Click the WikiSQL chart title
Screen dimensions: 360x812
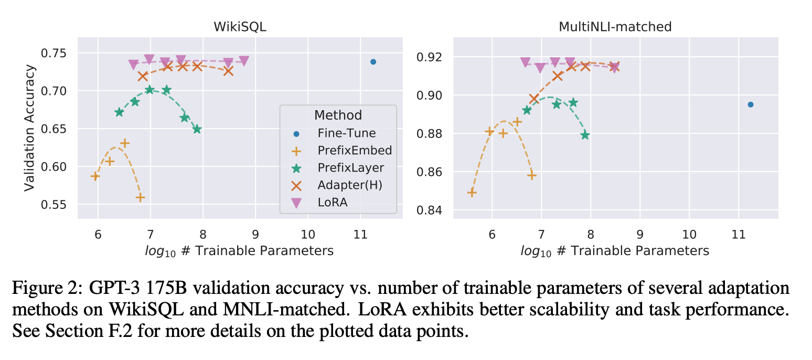coord(240,27)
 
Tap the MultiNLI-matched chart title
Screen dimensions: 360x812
coord(615,27)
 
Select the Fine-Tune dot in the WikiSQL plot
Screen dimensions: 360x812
coord(373,62)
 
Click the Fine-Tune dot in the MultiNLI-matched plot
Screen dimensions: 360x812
coord(750,104)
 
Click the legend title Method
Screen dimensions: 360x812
coord(338,115)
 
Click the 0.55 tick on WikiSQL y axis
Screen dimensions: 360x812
coord(59,205)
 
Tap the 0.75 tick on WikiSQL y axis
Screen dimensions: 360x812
coord(59,53)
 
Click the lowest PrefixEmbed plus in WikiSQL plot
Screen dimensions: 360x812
coord(140,197)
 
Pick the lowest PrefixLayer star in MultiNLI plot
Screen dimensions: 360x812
coord(585,135)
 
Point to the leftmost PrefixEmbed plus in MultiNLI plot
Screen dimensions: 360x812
coord(472,193)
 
